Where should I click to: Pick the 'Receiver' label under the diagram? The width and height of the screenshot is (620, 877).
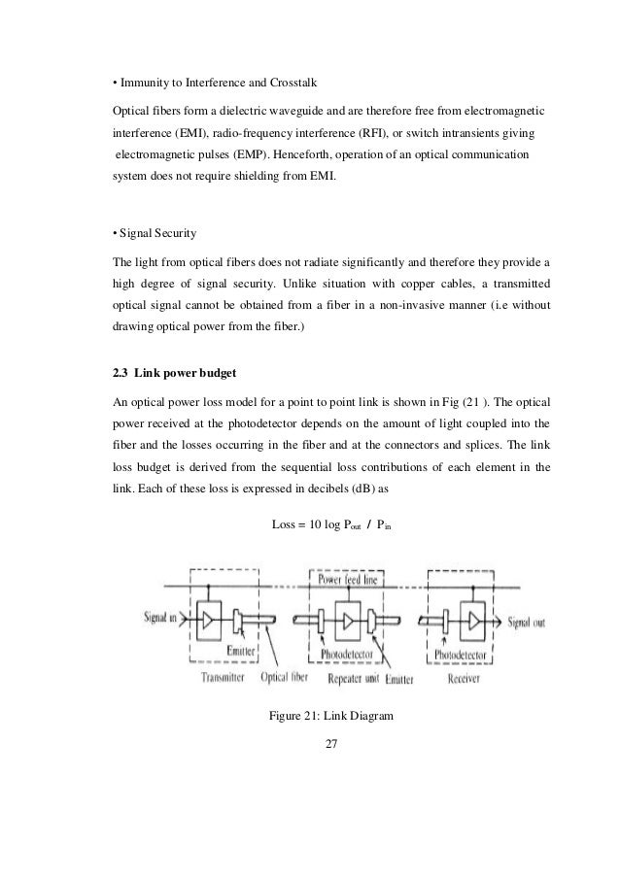point(471,677)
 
